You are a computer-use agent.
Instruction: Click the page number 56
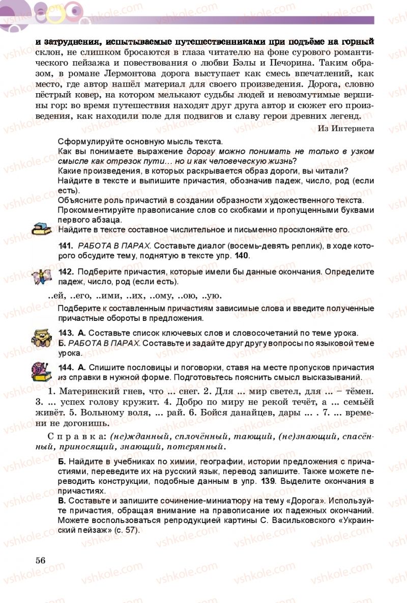(41, 559)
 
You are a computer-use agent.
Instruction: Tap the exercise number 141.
(66, 246)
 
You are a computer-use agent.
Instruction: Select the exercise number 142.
(66, 271)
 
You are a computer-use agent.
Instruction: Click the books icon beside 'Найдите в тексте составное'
(41, 229)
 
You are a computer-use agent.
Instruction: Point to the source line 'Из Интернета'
(345, 128)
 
